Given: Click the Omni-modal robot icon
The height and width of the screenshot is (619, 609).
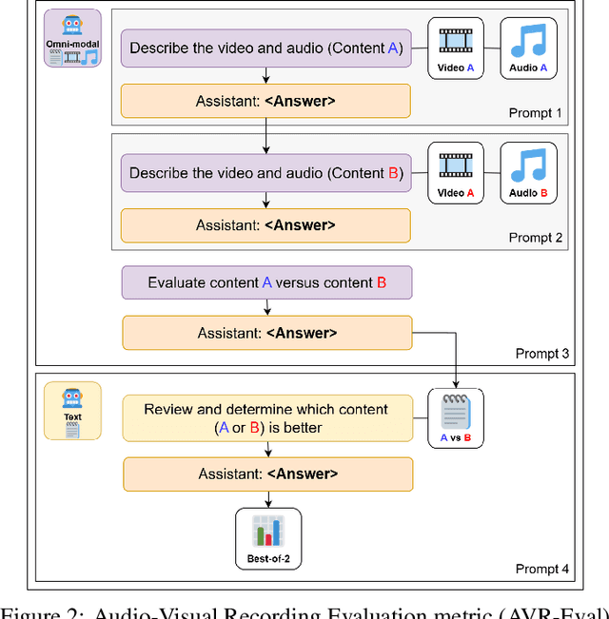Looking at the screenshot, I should [x=71, y=38].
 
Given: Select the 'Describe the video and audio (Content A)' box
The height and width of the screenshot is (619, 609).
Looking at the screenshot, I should [x=265, y=48].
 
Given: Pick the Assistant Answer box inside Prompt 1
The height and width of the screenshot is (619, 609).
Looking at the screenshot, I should [x=265, y=101].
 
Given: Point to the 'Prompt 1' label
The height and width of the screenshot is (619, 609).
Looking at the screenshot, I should [x=536, y=113].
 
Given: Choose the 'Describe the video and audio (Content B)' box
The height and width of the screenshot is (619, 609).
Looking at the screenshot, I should [x=265, y=173].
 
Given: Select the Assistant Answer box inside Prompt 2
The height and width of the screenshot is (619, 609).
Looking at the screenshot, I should [x=265, y=225].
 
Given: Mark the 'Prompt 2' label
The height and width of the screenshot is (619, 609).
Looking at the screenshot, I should [x=536, y=238].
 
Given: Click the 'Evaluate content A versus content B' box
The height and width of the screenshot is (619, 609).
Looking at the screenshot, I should [x=266, y=282].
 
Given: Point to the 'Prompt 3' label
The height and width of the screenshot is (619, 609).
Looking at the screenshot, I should [x=542, y=354].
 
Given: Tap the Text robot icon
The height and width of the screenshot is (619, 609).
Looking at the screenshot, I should [x=72, y=411].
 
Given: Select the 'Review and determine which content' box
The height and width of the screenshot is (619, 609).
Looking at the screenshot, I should [x=266, y=419].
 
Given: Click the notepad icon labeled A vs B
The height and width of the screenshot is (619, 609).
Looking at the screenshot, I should [x=456, y=419].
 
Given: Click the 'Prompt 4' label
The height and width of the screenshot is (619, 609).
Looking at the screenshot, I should [x=542, y=569].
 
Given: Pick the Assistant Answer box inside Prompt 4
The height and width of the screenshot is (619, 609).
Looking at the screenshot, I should [x=266, y=474].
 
